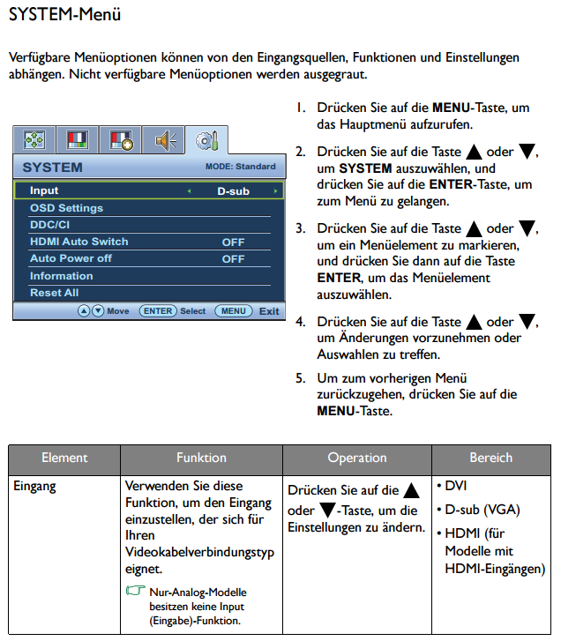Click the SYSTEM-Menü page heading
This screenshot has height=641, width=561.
coord(64,14)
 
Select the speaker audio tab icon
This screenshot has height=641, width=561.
coord(165,140)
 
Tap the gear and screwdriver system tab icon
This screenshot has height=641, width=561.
coord(206,141)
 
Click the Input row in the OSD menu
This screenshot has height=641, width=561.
coord(149,190)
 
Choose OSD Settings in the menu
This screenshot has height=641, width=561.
coord(66,208)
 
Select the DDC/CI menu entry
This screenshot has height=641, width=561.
coord(49,225)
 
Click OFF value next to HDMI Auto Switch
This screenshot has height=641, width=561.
coord(233,242)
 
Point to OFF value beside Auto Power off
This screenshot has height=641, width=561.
coord(233,258)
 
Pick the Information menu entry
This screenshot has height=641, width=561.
coord(62,276)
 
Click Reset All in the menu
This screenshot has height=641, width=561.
coord(54,293)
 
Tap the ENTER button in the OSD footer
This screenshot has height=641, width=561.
coord(158,311)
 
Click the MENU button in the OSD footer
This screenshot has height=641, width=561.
coord(234,311)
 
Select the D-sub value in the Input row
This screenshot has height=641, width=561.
coord(233,191)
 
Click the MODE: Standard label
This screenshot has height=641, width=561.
coord(241,167)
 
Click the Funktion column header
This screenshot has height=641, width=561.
coord(201,458)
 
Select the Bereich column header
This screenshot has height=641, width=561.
coord(490,458)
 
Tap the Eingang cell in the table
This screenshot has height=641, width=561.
coord(34,486)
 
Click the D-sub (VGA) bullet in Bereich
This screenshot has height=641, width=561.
coord(478,510)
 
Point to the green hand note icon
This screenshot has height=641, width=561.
coord(135,591)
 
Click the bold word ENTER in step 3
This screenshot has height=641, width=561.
coord(339,278)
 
